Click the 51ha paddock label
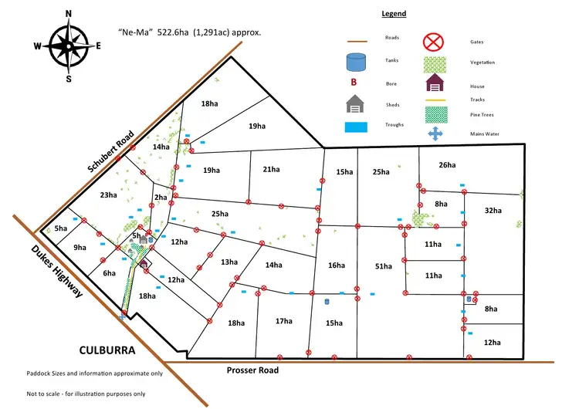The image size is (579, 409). click(383, 266)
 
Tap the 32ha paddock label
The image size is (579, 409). click(493, 211)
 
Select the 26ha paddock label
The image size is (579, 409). click(447, 165)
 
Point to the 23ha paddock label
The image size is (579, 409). click(109, 195)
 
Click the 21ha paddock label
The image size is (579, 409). click(272, 170)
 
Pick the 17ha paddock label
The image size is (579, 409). click(284, 321)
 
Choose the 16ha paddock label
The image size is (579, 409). click(337, 265)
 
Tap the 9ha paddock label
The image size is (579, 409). click(80, 247)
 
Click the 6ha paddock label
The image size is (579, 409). click(110, 273)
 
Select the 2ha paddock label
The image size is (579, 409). click(161, 197)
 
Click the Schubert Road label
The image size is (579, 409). click(110, 151)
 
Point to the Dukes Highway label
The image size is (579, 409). click(56, 271)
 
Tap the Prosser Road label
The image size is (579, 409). click(252, 370)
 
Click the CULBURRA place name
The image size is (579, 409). click(107, 350)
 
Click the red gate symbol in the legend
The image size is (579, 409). click(433, 42)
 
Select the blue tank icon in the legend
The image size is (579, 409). click(356, 62)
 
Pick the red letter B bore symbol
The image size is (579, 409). click(354, 82)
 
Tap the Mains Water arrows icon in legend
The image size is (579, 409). click(435, 134)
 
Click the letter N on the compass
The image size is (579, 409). click(68, 14)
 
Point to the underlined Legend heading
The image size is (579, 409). click(394, 14)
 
